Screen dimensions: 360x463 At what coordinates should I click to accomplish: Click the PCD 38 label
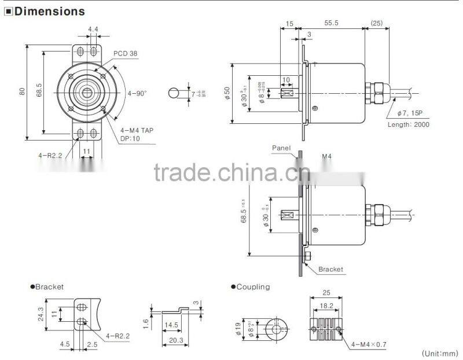124,53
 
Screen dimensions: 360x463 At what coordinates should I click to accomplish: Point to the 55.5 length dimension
331,24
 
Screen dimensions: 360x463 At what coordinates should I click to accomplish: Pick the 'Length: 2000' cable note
408,124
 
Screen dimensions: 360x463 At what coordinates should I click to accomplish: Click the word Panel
282,148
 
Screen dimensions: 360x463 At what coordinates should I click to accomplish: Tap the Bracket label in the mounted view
330,269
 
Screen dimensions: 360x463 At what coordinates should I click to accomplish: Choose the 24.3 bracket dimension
41,313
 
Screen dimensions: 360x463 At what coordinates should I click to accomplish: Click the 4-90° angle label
137,93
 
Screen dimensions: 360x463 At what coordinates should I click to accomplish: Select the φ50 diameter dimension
227,93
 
